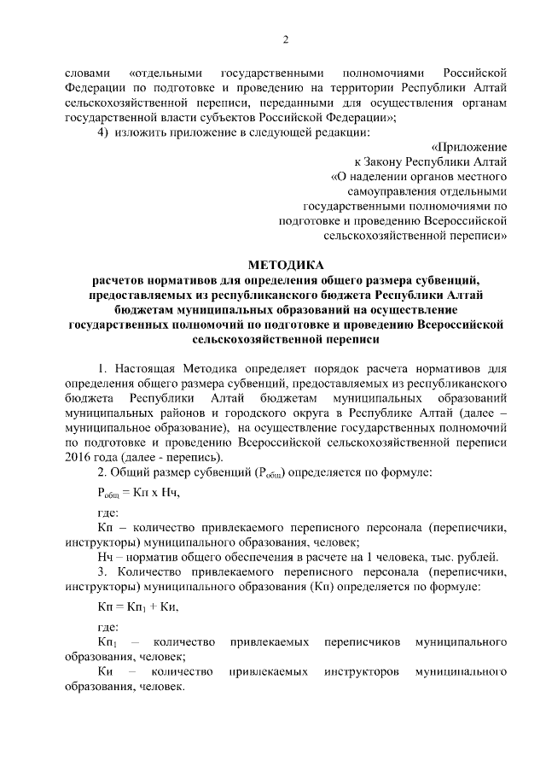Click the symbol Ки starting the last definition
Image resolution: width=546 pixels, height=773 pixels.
pyautogui.click(x=106, y=672)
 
